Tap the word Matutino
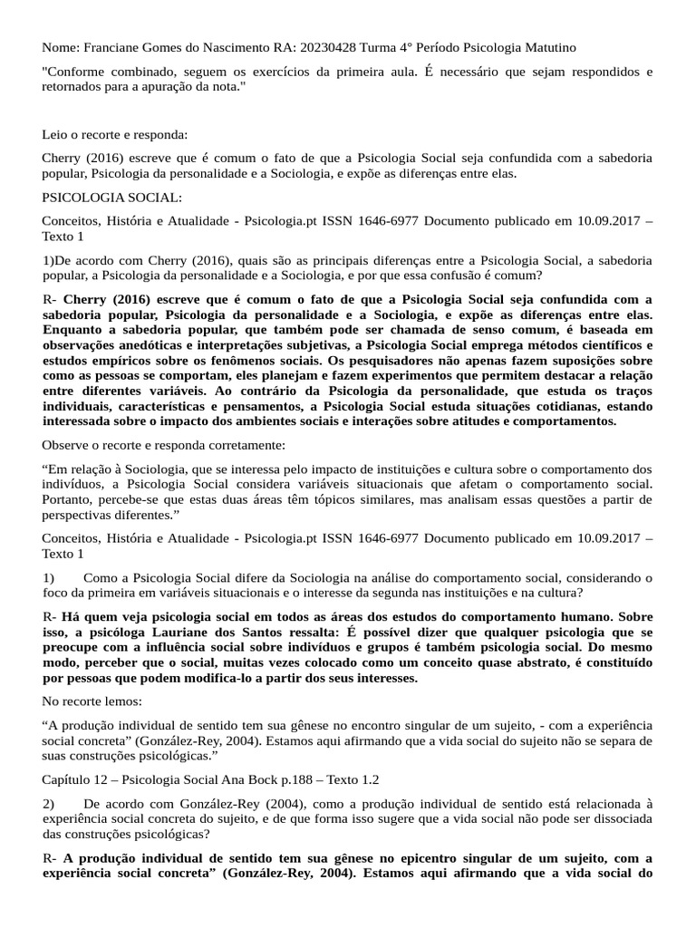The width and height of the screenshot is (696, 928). click(x=546, y=47)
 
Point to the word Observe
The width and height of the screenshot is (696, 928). click(x=67, y=446)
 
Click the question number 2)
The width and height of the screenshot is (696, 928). click(x=51, y=803)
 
